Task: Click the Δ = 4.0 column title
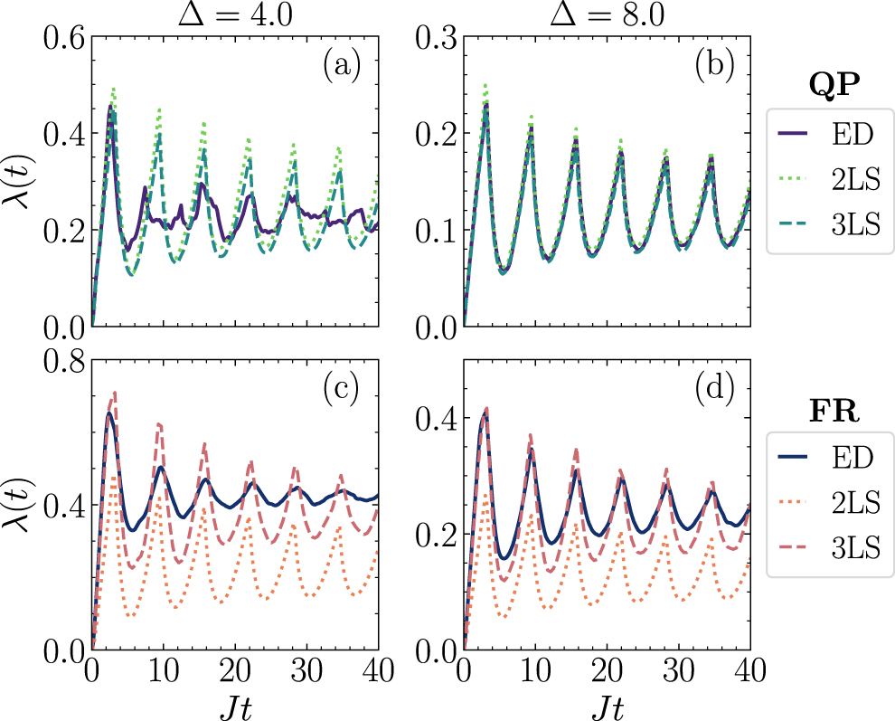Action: click(x=234, y=15)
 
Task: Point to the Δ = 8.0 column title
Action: click(x=607, y=15)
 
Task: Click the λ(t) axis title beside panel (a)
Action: click(x=19, y=181)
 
